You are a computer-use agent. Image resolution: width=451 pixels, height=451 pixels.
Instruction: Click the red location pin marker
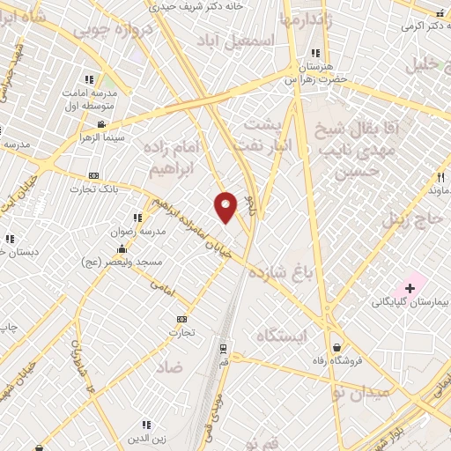point(226,206)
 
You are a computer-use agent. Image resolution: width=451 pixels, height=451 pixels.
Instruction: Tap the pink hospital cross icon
point(410,288)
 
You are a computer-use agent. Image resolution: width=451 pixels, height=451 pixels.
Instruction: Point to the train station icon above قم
point(222,347)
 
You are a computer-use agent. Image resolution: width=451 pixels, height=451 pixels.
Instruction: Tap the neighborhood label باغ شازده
point(281,271)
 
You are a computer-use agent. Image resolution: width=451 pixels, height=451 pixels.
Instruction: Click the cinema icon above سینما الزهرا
point(102,124)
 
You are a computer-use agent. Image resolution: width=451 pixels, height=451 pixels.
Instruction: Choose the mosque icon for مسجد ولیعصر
point(122,249)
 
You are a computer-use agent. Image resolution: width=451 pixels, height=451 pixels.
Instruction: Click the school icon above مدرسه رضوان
point(137,218)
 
